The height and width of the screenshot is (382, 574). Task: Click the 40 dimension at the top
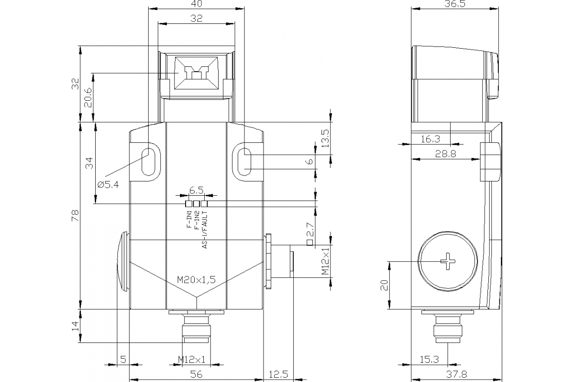197,4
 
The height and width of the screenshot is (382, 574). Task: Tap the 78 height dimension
75,216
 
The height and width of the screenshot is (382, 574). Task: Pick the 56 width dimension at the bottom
196,375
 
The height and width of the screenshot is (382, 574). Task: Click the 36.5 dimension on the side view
455,4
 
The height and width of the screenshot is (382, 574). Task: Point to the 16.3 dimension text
430,139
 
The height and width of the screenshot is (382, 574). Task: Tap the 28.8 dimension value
445,154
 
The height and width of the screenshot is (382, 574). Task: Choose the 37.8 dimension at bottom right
456,375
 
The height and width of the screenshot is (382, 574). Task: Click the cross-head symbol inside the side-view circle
448,261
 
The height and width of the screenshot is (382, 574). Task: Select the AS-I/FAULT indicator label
205,230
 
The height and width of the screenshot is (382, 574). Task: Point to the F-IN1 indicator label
189,220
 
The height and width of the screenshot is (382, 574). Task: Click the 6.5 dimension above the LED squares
196,190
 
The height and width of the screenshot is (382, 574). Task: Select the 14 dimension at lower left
75,326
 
